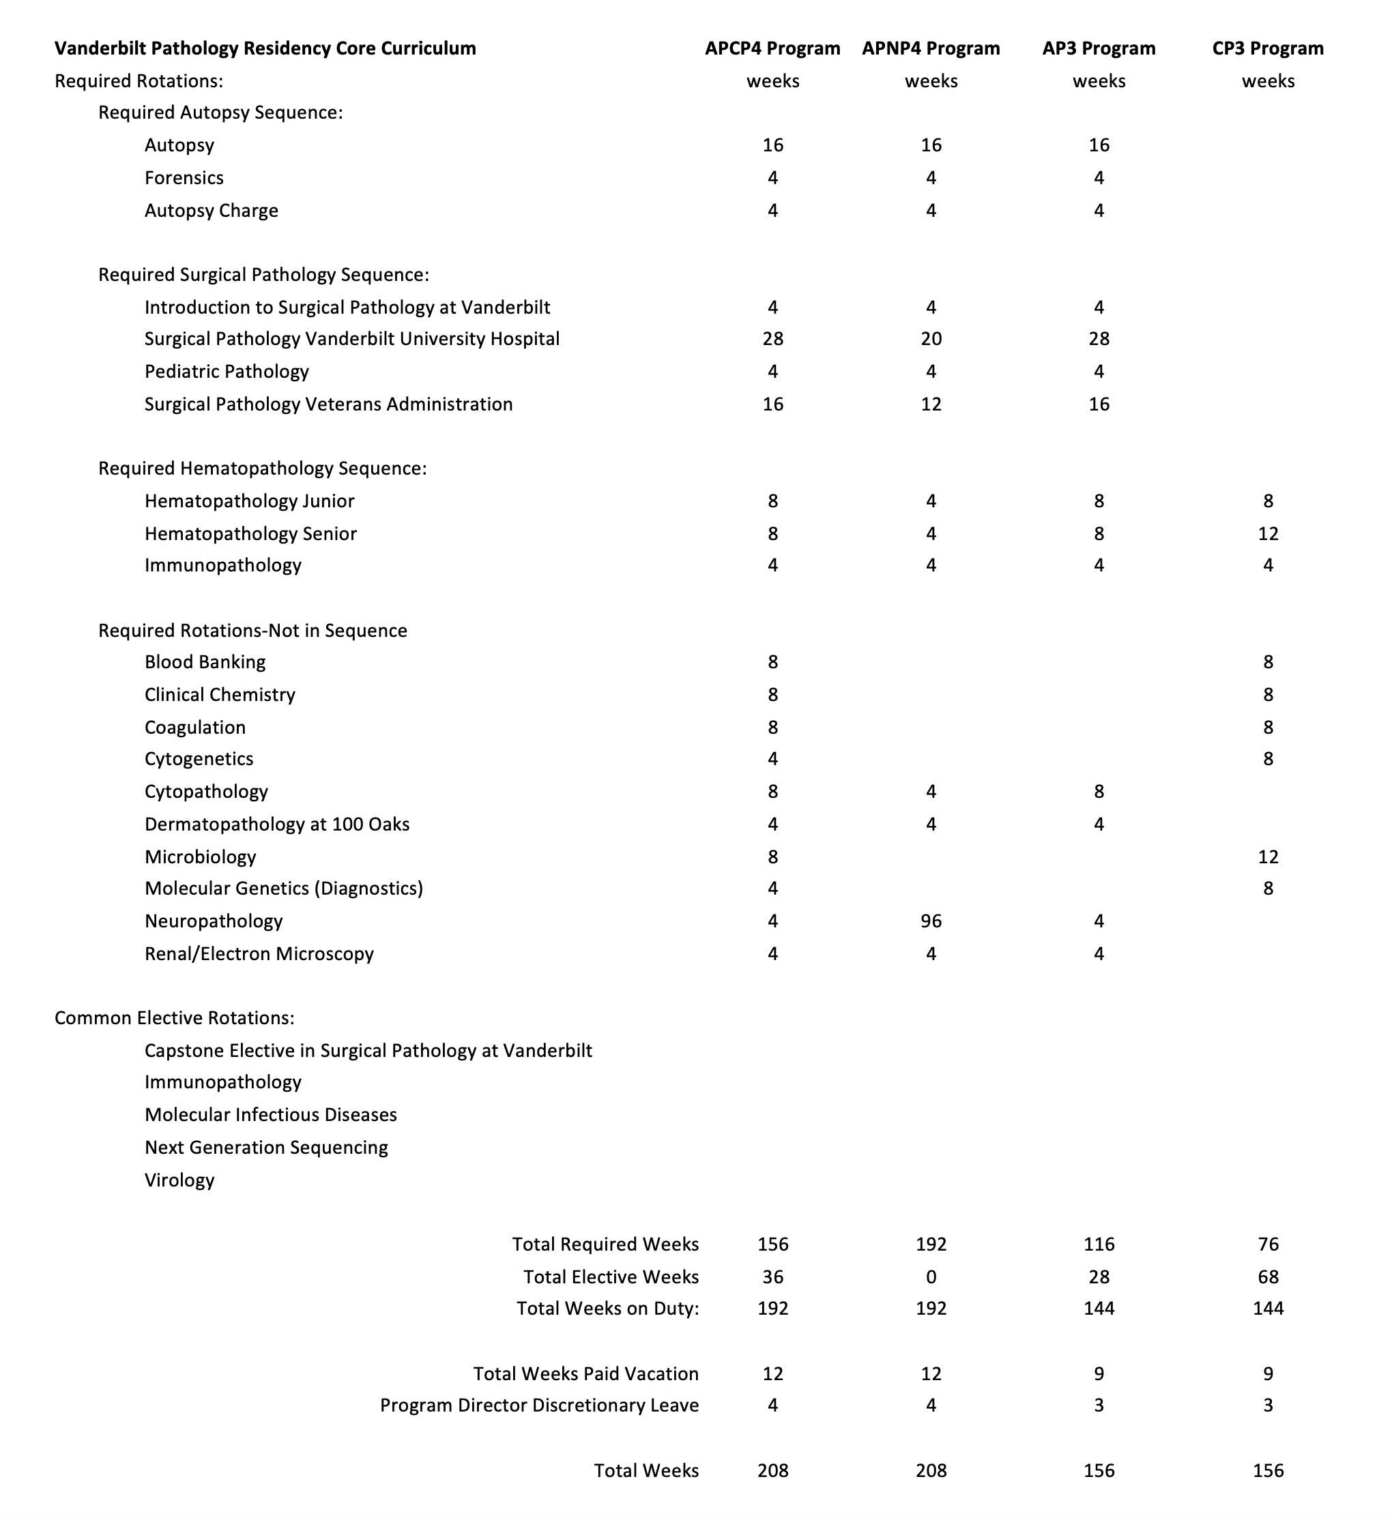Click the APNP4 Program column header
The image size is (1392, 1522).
point(931,48)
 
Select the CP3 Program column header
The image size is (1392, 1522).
point(1267,48)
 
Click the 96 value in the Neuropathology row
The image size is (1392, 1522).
point(931,921)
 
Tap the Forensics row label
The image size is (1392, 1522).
point(184,178)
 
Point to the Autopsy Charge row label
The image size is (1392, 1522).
point(212,211)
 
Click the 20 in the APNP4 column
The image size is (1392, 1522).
point(931,339)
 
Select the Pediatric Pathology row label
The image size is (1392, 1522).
point(227,372)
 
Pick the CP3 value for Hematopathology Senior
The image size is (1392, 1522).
point(1267,534)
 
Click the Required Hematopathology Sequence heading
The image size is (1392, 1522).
point(262,469)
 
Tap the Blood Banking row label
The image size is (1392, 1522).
point(205,662)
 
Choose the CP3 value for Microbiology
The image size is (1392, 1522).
point(1267,857)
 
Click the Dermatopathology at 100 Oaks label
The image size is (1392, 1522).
point(276,824)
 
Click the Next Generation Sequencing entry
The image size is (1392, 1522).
point(266,1148)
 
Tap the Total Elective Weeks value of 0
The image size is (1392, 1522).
point(931,1277)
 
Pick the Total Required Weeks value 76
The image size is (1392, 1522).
point(1267,1244)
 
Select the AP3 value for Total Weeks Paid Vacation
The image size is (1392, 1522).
point(1099,1373)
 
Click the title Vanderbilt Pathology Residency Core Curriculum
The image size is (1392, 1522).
point(265,48)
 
